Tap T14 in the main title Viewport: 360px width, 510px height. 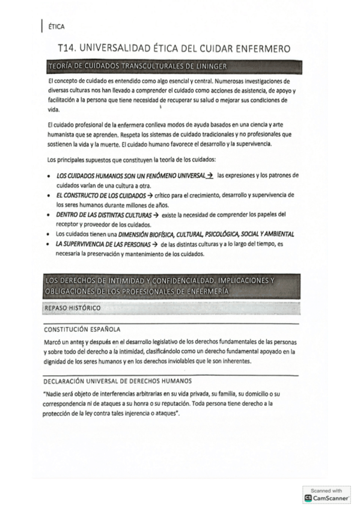click(68, 48)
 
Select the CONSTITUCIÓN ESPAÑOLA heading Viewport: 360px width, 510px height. click(82, 330)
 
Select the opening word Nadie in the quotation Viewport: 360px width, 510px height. click(55, 393)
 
